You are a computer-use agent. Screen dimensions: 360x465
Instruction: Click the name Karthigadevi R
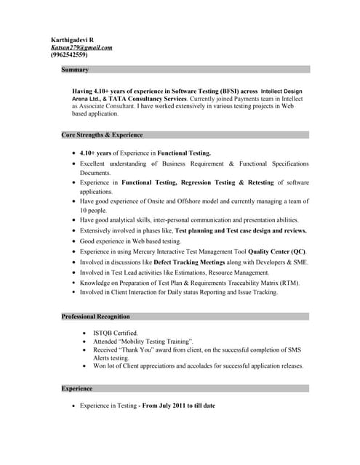pyautogui.click(x=72, y=39)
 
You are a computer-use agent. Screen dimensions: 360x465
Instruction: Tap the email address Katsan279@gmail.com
pyautogui.click(x=81, y=47)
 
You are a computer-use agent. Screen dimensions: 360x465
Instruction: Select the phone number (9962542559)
pyautogui.click(x=69, y=55)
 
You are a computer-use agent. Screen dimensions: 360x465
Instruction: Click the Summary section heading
pyautogui.click(x=75, y=70)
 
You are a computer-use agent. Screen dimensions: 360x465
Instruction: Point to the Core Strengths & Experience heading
pyautogui.click(x=102, y=135)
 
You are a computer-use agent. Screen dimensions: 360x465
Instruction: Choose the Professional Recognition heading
pyautogui.click(x=96, y=317)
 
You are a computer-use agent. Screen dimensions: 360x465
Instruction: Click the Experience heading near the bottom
pyautogui.click(x=77, y=389)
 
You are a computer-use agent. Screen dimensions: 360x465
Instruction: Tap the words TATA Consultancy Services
pyautogui.click(x=148, y=98)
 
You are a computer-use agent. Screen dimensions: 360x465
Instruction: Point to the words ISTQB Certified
pyautogui.click(x=115, y=333)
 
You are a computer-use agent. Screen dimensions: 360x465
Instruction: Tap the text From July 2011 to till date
pyautogui.click(x=178, y=405)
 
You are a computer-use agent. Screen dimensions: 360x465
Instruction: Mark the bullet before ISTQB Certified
pyautogui.click(x=86, y=333)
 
